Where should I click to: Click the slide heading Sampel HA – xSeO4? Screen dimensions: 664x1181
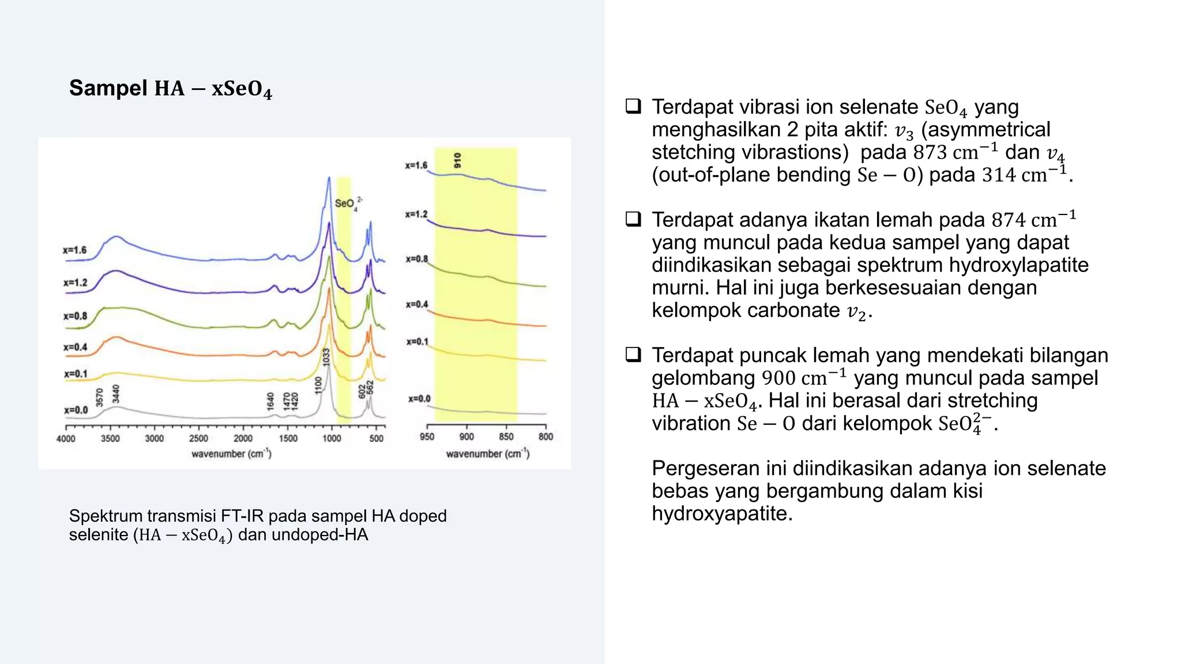pyautogui.click(x=170, y=89)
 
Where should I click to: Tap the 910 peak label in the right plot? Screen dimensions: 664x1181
pyautogui.click(x=457, y=160)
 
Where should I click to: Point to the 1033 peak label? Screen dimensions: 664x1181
pyautogui.click(x=326, y=357)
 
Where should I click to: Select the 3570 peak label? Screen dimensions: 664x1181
pyautogui.click(x=100, y=397)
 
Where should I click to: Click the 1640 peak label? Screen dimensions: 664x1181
pyautogui.click(x=270, y=401)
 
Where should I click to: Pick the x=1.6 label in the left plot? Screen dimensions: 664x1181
pyautogui.click(x=75, y=250)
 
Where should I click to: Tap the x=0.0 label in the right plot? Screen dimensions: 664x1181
pyautogui.click(x=419, y=399)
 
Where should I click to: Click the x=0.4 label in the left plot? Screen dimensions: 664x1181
pyautogui.click(x=75, y=347)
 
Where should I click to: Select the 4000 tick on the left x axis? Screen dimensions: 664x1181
pyautogui.click(x=66, y=439)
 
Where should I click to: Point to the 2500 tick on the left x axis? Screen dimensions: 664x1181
pyautogui.click(x=198, y=439)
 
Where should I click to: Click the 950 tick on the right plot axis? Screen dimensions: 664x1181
pyautogui.click(x=427, y=437)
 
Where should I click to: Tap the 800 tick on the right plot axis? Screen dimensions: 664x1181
pyautogui.click(x=546, y=437)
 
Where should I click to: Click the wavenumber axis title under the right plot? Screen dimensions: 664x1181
pyautogui.click(x=487, y=454)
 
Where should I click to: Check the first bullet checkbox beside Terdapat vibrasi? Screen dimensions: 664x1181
pyautogui.click(x=633, y=106)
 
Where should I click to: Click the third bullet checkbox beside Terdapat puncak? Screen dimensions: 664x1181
pyautogui.click(x=633, y=354)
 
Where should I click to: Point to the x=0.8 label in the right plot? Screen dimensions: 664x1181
pyautogui.click(x=416, y=259)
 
